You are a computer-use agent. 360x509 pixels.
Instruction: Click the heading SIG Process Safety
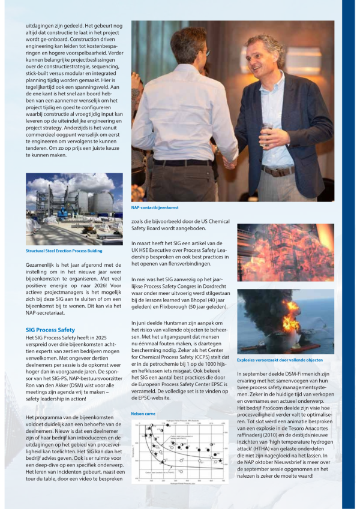point(50,330)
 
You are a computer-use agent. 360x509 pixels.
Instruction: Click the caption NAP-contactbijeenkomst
point(155,207)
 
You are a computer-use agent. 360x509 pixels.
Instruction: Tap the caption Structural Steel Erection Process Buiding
point(64,251)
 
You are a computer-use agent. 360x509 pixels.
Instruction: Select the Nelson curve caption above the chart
point(143,414)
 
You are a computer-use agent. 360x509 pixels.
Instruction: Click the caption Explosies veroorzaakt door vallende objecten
point(284,360)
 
